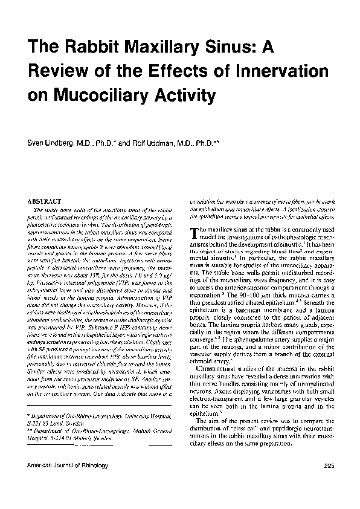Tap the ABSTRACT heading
click(x=46, y=201)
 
